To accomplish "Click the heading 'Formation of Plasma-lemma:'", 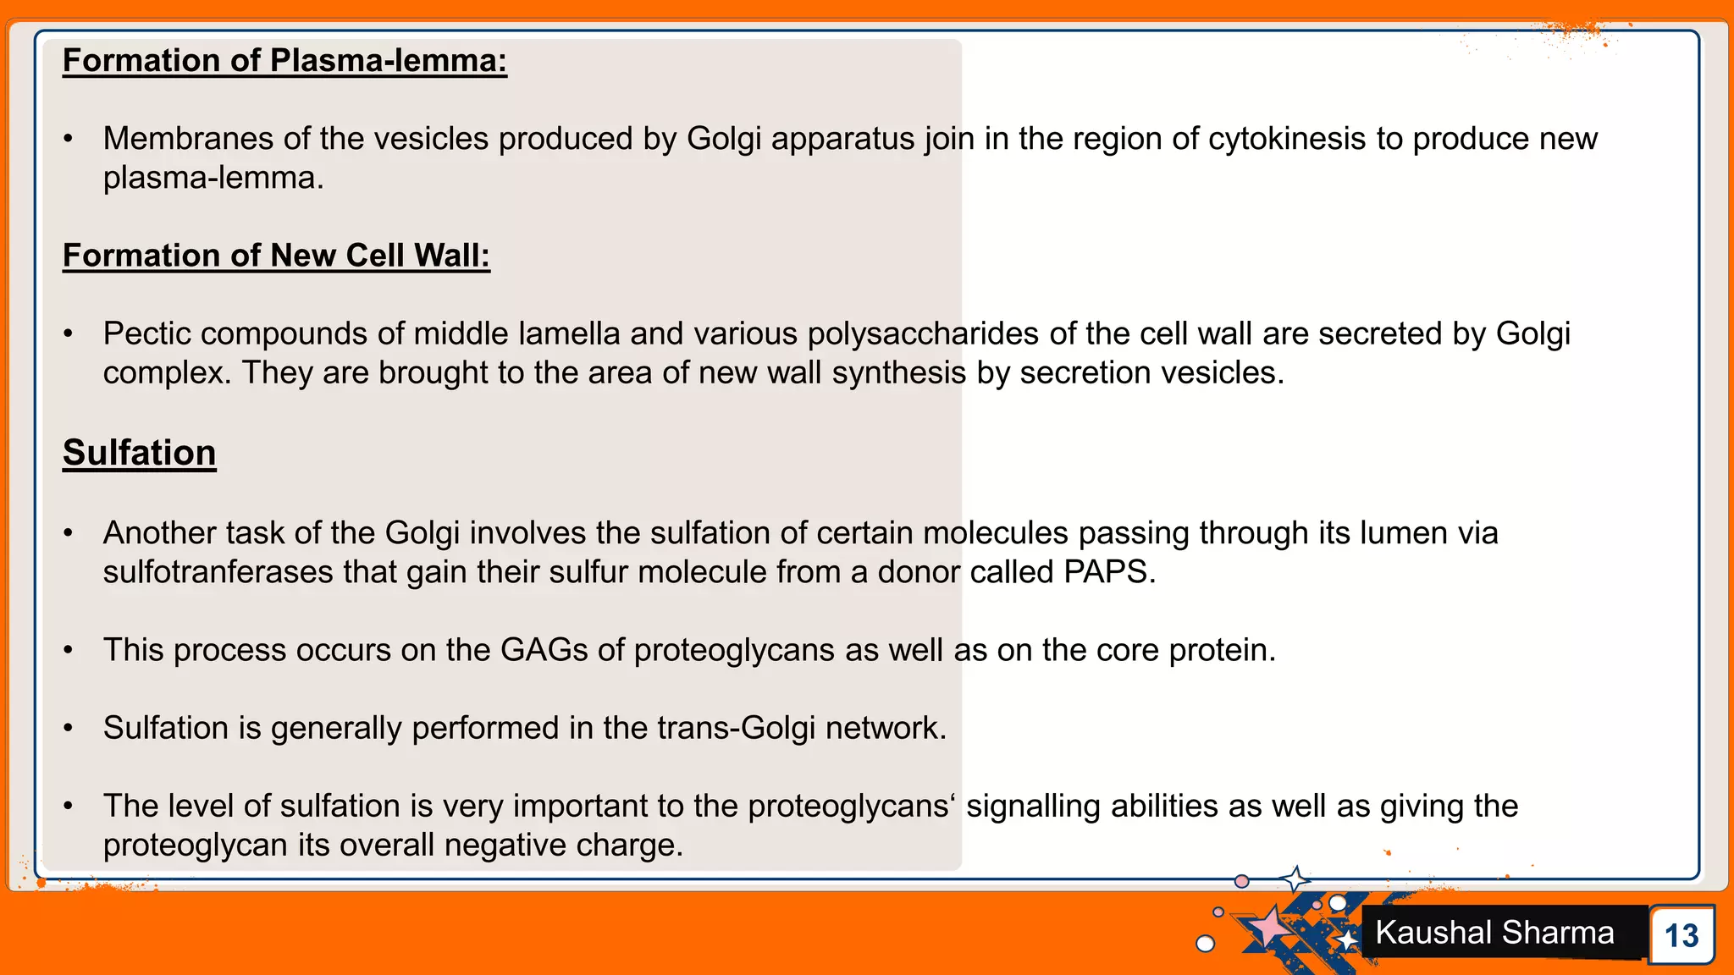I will click(284, 61).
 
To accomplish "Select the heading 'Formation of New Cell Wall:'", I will click(276, 256).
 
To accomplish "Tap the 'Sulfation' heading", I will click(140, 453).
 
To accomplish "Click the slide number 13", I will click(1681, 935).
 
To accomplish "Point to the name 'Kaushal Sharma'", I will click(1494, 933).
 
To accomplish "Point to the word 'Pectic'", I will click(146, 334).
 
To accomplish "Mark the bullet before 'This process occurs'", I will click(69, 651).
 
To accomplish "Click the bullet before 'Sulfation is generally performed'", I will click(69, 729).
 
